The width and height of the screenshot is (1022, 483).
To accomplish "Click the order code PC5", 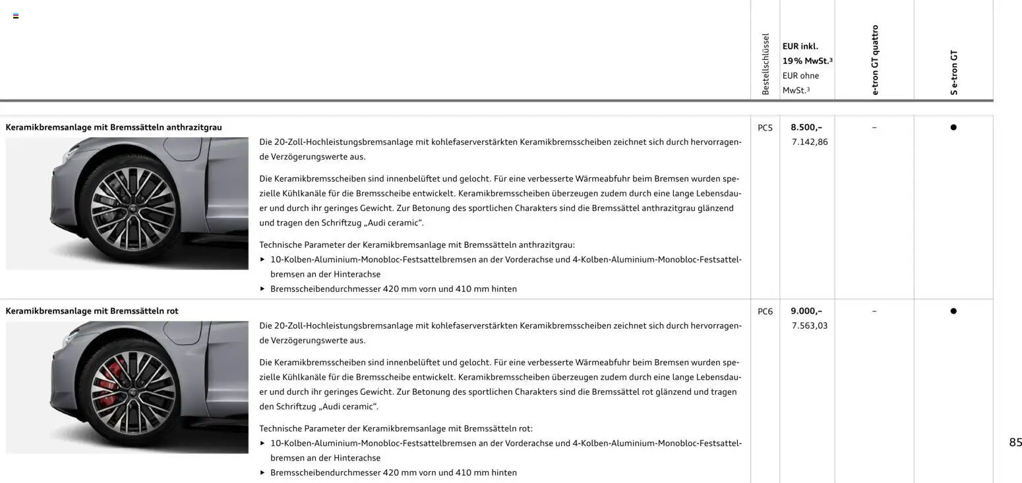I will [765, 128].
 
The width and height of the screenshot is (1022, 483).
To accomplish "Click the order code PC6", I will [765, 312].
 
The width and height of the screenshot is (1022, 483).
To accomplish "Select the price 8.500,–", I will [806, 127].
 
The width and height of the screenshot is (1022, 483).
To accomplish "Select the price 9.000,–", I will [806, 311].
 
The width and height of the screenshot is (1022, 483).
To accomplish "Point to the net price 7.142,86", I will [810, 142].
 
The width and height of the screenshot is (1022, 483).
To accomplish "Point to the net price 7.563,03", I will [810, 326].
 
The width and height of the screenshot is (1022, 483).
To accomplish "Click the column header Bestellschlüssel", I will [766, 64].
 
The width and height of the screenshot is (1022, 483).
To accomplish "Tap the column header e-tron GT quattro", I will [875, 60].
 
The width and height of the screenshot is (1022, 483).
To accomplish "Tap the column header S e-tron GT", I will [953, 72].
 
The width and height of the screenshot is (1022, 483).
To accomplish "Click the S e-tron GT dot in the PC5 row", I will [953, 127].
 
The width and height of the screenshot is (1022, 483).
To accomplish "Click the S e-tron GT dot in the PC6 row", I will [953, 311].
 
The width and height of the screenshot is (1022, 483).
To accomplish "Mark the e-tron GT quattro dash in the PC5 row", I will [874, 127].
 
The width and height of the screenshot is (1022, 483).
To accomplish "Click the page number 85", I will [1015, 442].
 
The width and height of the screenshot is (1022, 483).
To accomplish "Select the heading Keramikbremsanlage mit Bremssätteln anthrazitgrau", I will [113, 127].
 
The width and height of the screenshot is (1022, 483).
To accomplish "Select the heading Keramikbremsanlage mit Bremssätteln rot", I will [92, 311].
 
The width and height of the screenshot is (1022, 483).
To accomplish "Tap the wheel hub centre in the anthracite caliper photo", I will [133, 208].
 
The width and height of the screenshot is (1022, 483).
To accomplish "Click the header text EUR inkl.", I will [800, 46].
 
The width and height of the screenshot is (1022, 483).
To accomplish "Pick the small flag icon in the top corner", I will [16, 16].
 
